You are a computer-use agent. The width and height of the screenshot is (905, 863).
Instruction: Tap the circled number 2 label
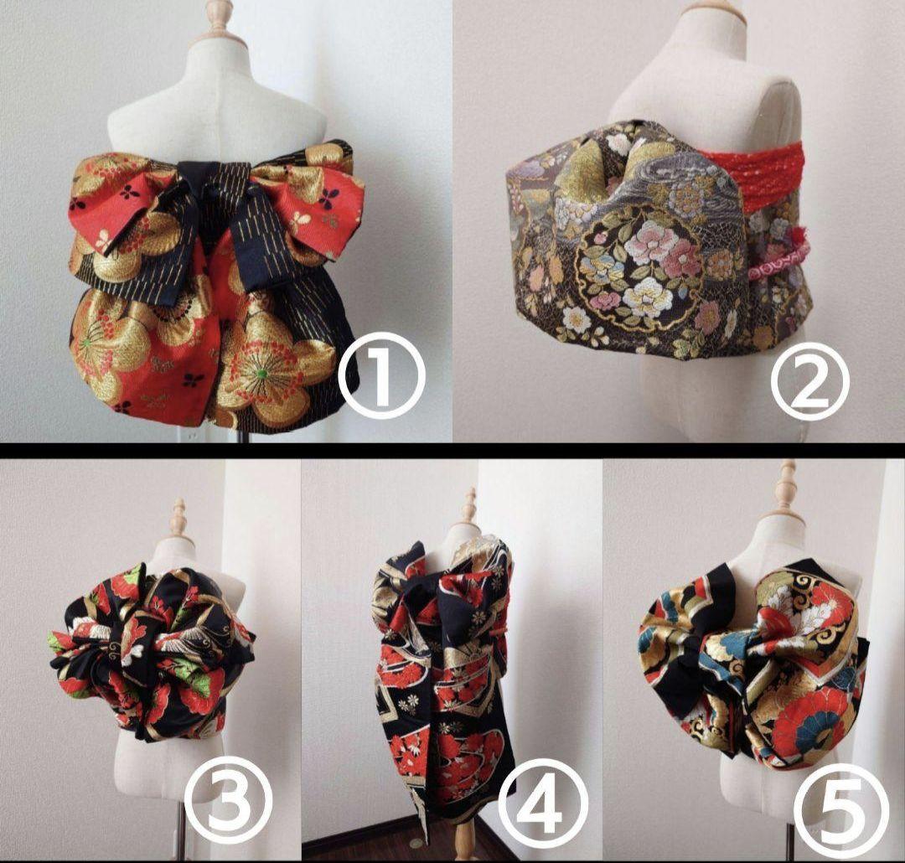tap(810, 381)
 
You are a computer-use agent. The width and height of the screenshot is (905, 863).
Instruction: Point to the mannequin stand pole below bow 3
tap(180, 803)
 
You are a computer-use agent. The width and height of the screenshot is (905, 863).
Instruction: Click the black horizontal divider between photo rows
tap(452, 450)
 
